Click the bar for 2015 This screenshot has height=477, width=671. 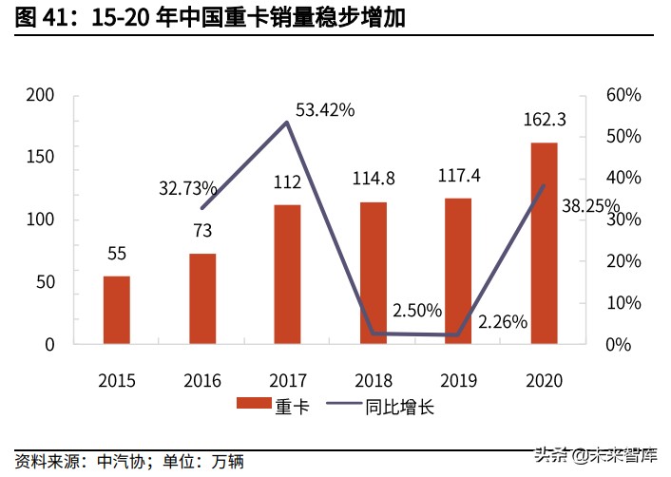tap(117, 310)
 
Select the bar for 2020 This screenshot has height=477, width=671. tap(544, 243)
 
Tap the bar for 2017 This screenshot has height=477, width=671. tap(287, 274)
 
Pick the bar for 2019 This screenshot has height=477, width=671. tap(458, 271)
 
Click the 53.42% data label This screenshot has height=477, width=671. tap(325, 110)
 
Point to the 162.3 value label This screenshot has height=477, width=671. tap(545, 121)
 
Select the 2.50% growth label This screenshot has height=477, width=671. tap(417, 310)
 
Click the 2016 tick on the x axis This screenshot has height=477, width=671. tap(201, 380)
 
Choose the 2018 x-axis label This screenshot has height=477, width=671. tap(373, 380)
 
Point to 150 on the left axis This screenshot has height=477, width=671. tap(40, 157)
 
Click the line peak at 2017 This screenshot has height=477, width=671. tap(287, 122)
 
